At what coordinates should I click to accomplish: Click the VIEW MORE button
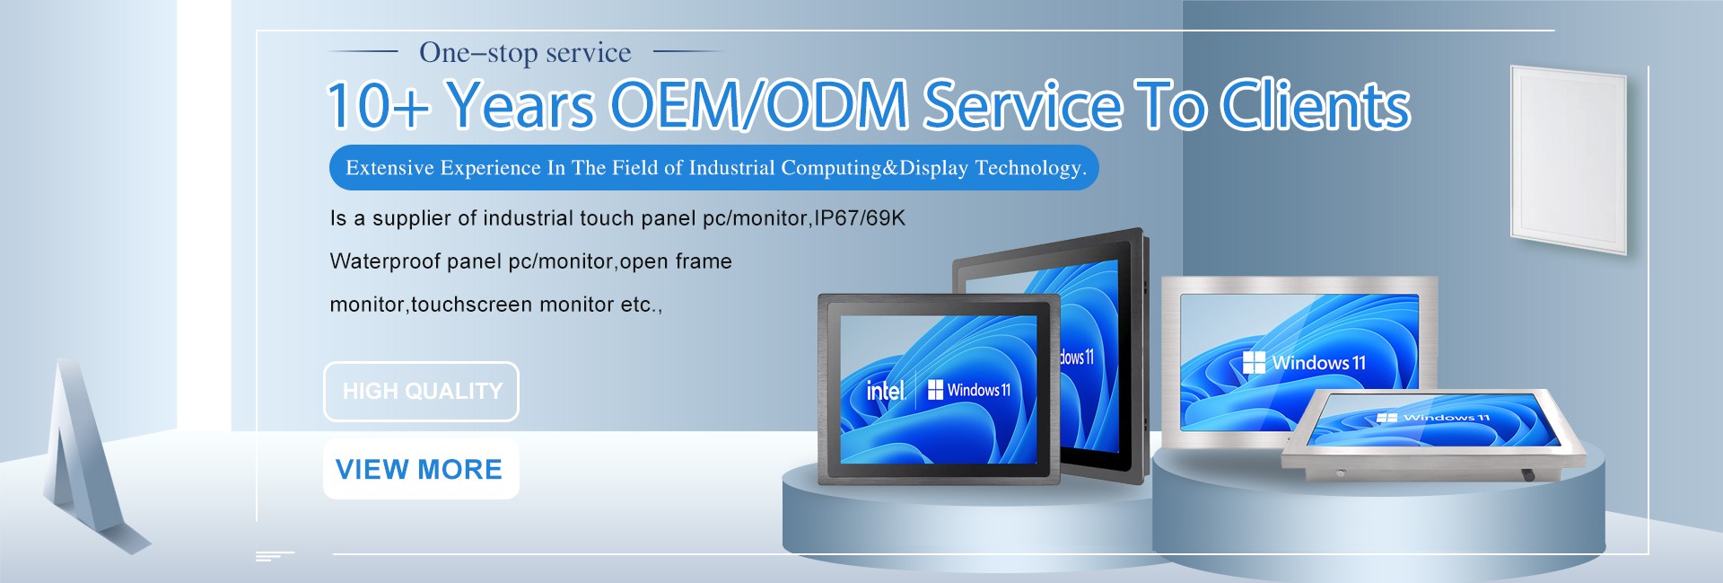click(x=421, y=469)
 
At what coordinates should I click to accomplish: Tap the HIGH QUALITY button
click(x=421, y=392)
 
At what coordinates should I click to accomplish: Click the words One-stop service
click(x=525, y=53)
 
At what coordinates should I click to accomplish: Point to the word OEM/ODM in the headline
click(x=759, y=105)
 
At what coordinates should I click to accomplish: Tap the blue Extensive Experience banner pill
click(x=714, y=168)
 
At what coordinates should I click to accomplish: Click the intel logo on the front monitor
click(x=885, y=391)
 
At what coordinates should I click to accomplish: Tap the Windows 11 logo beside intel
click(x=968, y=390)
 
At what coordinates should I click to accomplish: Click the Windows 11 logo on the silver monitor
click(x=1304, y=363)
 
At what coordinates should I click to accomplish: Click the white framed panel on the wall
click(x=1580, y=158)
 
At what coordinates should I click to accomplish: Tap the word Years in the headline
click(x=520, y=106)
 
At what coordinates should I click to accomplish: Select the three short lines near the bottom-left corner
click(x=274, y=556)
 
